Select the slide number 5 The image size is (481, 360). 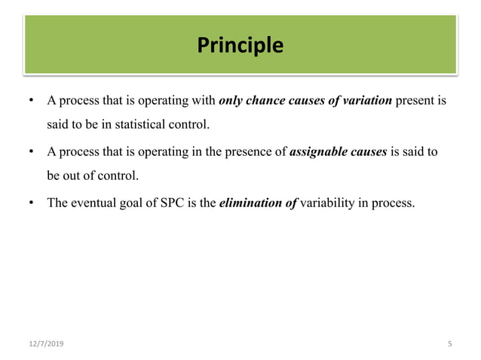(449, 344)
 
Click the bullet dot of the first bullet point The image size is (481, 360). (31, 101)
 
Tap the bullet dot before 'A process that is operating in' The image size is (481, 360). (31, 151)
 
